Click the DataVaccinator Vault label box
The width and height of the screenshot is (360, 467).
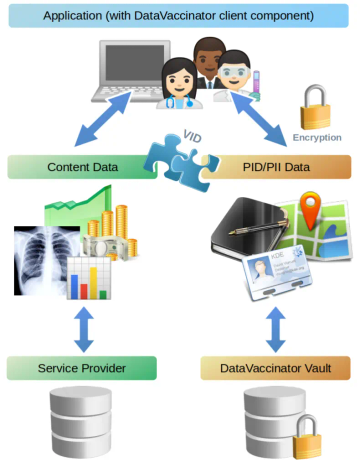(275, 368)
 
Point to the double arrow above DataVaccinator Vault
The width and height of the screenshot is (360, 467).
(275, 326)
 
